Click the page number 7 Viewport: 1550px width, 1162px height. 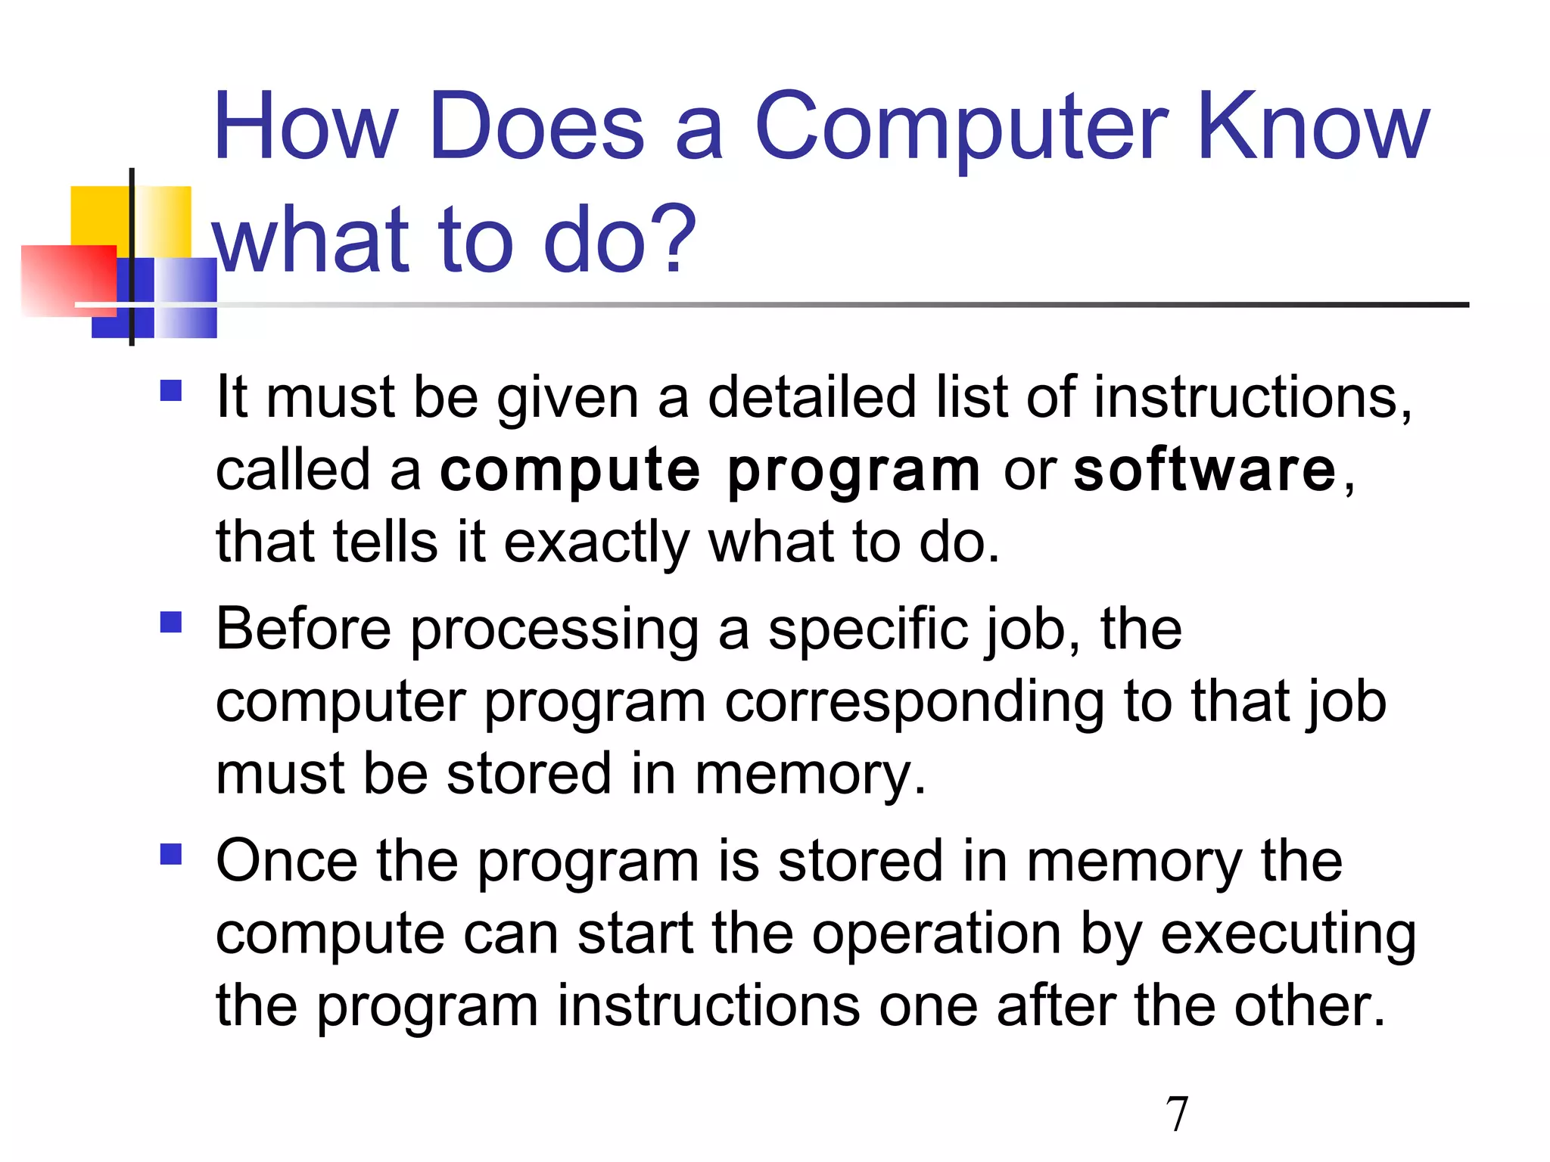1177,1114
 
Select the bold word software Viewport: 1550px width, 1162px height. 1205,471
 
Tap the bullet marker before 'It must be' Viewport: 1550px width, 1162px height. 171,391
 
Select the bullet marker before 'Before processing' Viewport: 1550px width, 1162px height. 171,623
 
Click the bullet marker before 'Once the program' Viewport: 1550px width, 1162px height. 171,855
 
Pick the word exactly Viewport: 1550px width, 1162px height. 596,543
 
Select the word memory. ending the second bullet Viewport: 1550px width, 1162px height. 810,775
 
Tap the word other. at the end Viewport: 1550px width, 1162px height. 1309,1006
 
